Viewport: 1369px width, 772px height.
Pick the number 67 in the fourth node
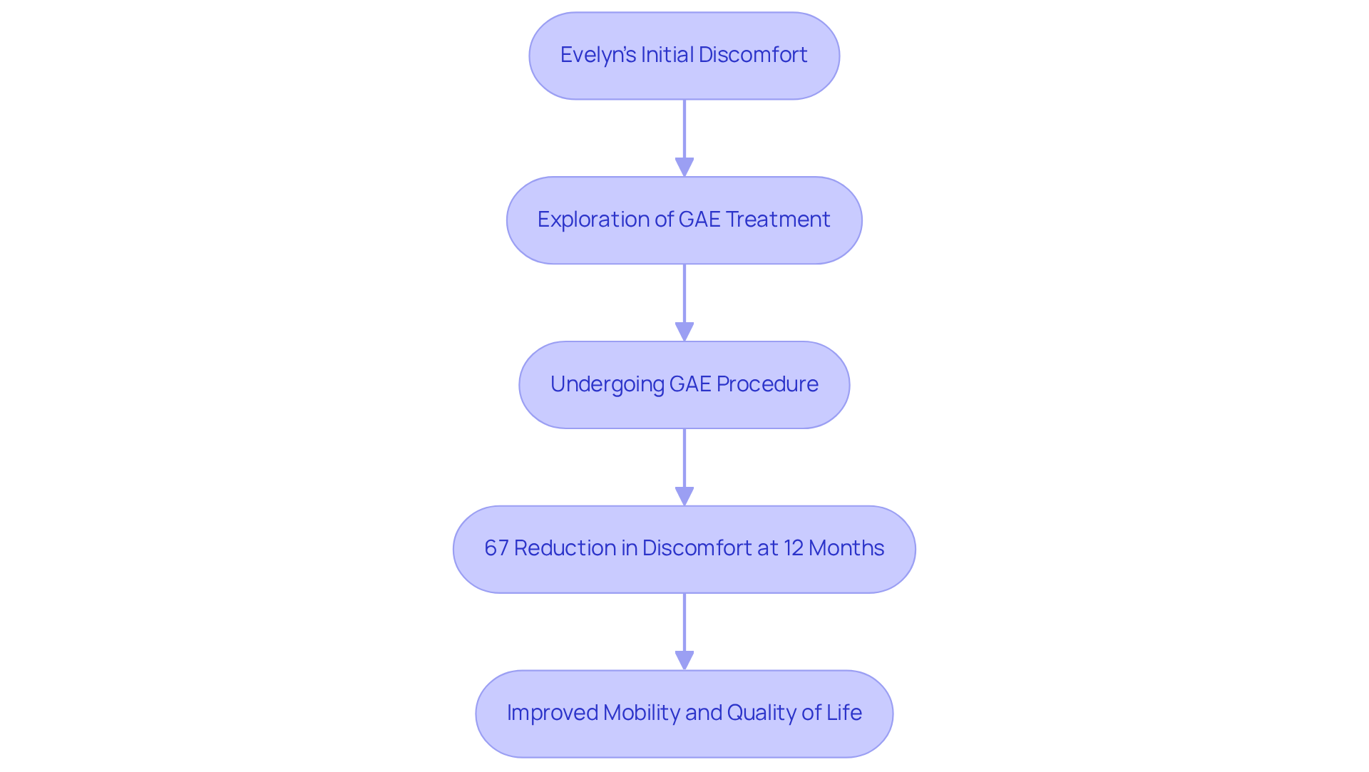[496, 548]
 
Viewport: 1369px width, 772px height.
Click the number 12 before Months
[794, 548]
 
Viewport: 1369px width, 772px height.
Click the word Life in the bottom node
[844, 713]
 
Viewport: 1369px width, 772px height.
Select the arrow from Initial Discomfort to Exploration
[684, 135]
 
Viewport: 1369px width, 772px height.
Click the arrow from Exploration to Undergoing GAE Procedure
[684, 299]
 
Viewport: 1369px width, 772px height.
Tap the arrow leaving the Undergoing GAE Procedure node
[684, 463]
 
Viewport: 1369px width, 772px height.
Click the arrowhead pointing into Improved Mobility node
[684, 660]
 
